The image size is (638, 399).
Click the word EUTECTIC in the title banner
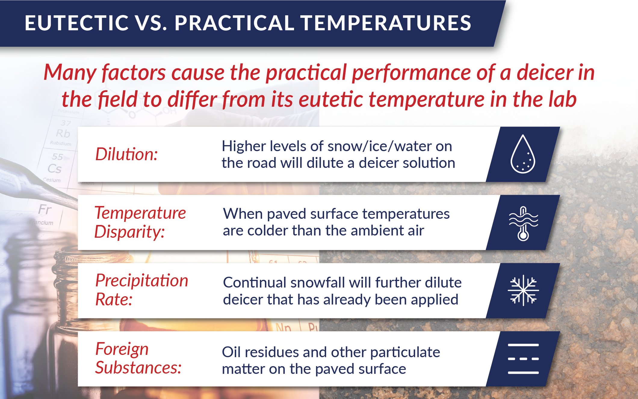point(76,23)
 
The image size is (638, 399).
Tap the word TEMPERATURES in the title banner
point(386,23)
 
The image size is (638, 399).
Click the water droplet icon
point(523,154)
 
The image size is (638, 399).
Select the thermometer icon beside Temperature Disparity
point(523,223)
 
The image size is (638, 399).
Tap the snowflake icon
point(523,291)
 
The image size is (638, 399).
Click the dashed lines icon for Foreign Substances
point(523,359)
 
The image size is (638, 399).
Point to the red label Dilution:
point(126,154)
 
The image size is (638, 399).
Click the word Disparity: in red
point(129,232)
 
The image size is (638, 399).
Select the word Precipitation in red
point(141,281)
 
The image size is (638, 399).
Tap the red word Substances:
point(138,367)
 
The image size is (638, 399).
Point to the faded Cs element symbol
point(54,169)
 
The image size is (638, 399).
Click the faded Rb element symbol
point(63,133)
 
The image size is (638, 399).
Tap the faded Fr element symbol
point(45,209)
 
